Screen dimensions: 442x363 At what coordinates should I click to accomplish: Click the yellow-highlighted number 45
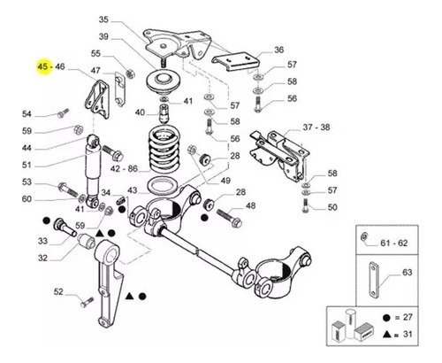(42, 66)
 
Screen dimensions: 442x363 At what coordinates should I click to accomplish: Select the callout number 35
(103, 19)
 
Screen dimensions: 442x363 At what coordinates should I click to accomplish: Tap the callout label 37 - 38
(316, 127)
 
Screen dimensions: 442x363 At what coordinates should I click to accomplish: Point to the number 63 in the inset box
(407, 272)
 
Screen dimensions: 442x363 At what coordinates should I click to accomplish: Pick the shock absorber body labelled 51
(94, 171)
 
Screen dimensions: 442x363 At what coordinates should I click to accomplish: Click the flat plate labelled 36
(236, 61)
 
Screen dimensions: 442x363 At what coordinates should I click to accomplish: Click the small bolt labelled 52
(87, 302)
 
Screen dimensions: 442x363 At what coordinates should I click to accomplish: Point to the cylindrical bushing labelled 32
(87, 242)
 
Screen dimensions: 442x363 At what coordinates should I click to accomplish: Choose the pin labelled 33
(64, 228)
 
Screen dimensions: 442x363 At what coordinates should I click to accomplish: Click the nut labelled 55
(129, 73)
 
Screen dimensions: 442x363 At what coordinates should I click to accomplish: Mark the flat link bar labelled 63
(373, 278)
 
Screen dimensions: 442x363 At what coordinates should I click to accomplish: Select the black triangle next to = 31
(387, 335)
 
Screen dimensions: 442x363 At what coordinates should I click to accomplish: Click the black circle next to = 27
(386, 318)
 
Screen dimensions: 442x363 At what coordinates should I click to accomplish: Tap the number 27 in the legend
(408, 318)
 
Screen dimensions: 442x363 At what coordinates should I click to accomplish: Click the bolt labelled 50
(305, 205)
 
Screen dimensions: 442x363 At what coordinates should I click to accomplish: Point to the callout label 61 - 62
(393, 243)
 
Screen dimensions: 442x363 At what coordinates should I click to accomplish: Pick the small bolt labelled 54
(64, 113)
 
